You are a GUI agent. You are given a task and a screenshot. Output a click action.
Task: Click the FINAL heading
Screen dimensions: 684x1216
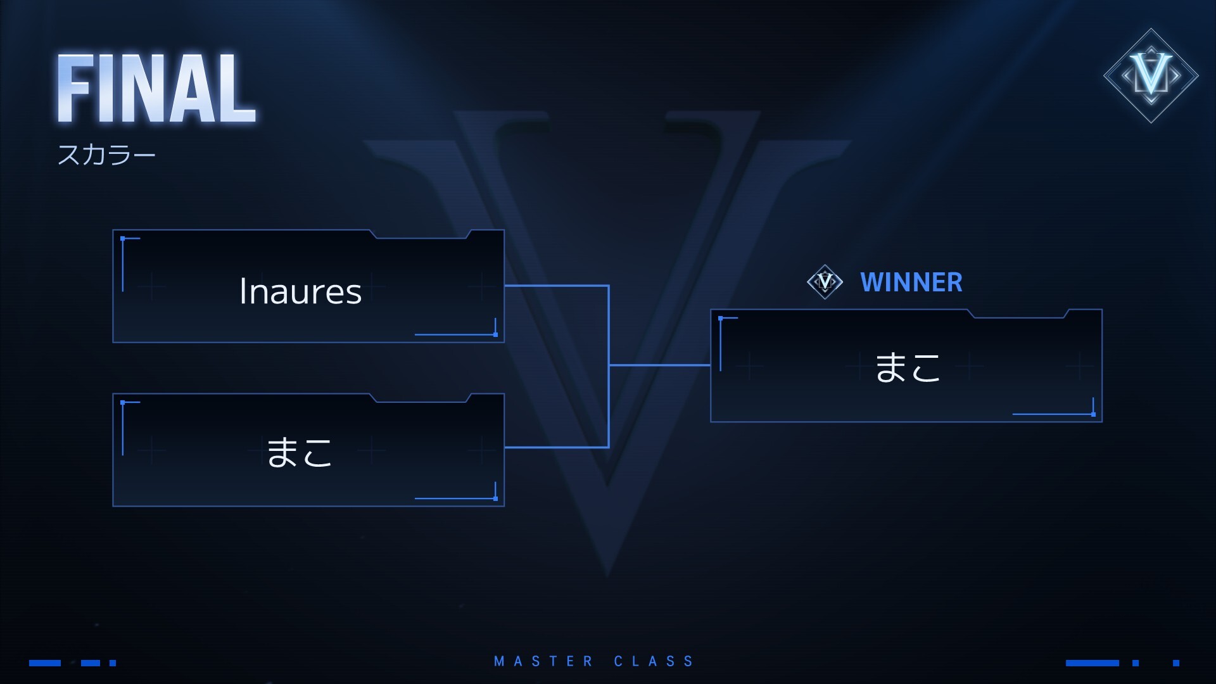coord(156,89)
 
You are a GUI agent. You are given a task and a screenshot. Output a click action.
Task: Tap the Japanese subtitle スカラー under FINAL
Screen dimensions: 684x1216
coord(106,155)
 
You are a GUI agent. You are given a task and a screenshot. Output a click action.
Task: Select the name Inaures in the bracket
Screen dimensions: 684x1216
coord(300,292)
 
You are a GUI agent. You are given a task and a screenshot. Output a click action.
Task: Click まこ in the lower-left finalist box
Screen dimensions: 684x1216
coord(299,452)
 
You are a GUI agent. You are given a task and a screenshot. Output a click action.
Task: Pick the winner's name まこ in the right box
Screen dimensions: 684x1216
coord(907,367)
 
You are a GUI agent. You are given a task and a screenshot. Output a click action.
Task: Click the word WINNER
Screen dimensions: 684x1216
coord(911,282)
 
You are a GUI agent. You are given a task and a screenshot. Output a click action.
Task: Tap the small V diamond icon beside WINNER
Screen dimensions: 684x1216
coord(825,281)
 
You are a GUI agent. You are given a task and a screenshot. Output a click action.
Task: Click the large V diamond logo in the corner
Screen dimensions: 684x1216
coord(1151,75)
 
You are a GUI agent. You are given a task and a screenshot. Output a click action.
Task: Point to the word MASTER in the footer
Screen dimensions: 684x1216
coord(543,662)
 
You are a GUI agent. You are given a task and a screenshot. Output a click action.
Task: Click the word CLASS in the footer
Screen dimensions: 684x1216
coord(654,662)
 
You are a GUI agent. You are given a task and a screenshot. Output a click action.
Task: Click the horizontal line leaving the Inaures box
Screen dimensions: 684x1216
coord(556,286)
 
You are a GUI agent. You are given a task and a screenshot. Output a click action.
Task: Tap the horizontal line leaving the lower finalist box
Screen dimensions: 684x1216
coord(556,447)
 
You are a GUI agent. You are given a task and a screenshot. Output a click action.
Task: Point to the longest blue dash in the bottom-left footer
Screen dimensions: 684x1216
coord(45,663)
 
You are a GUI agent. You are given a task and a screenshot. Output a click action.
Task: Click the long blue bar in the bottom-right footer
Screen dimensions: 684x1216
coord(1092,663)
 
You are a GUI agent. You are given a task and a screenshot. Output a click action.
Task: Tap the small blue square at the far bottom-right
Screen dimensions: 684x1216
coord(1176,663)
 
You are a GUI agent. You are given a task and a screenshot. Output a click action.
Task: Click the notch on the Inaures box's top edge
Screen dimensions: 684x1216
coord(421,235)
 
